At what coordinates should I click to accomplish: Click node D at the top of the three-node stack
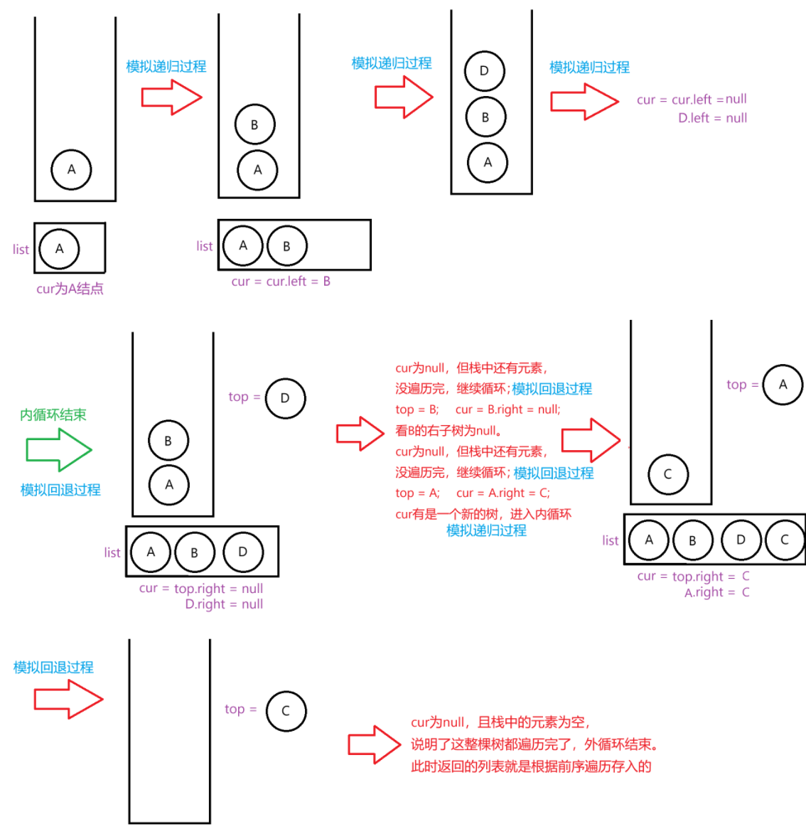pyautogui.click(x=484, y=71)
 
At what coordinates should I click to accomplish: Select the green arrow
pyautogui.click(x=58, y=450)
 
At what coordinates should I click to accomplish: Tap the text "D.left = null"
pyautogui.click(x=712, y=118)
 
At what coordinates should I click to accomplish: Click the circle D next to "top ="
pyautogui.click(x=285, y=398)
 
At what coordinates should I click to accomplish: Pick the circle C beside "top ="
pyautogui.click(x=286, y=711)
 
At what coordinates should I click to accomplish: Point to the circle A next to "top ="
pyautogui.click(x=783, y=385)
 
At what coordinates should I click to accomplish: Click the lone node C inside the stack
pyautogui.click(x=667, y=474)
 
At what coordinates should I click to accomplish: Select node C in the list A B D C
pyautogui.click(x=784, y=540)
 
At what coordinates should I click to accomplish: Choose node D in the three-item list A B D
pyautogui.click(x=242, y=552)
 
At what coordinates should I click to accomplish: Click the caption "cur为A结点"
pyautogui.click(x=70, y=289)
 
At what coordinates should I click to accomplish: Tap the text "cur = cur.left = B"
pyautogui.click(x=281, y=282)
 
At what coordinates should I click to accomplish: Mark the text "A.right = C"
pyautogui.click(x=716, y=593)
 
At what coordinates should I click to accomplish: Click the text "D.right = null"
pyautogui.click(x=224, y=604)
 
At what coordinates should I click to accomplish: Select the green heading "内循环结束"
pyautogui.click(x=53, y=414)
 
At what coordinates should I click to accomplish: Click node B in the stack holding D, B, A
pyautogui.click(x=485, y=117)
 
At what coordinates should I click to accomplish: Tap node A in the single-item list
pyautogui.click(x=59, y=249)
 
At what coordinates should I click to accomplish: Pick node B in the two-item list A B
pyautogui.click(x=286, y=246)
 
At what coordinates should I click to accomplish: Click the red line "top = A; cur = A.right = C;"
pyautogui.click(x=473, y=493)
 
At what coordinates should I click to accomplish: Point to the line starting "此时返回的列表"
pyautogui.click(x=531, y=766)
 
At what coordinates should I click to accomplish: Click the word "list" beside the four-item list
pyautogui.click(x=610, y=541)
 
